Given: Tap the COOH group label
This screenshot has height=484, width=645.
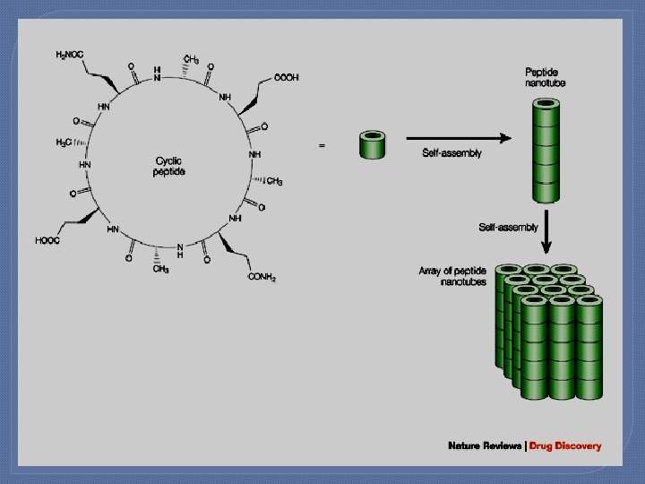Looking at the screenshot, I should [287, 78].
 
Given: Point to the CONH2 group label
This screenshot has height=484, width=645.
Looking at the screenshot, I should [262, 278].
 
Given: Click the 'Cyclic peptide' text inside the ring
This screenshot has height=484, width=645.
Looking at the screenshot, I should [169, 166].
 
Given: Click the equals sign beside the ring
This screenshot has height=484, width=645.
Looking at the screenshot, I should [322, 144].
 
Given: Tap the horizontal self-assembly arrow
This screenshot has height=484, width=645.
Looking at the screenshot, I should [458, 138].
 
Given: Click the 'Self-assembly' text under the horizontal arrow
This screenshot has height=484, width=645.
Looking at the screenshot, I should [451, 153].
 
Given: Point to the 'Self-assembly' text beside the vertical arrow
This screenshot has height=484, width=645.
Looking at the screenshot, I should [508, 228].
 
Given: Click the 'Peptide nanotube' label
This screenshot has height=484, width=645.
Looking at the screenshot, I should [545, 77].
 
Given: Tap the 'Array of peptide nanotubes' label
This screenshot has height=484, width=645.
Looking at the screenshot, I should [452, 276].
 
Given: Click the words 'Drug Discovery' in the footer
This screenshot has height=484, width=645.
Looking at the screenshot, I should [565, 445].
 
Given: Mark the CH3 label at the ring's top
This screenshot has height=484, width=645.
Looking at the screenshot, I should [191, 60].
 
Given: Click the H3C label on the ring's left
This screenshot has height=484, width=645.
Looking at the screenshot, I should [64, 143].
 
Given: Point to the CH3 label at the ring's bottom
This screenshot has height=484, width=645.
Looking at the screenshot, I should [160, 268].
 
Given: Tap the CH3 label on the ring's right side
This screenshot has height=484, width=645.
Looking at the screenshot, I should [274, 182].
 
